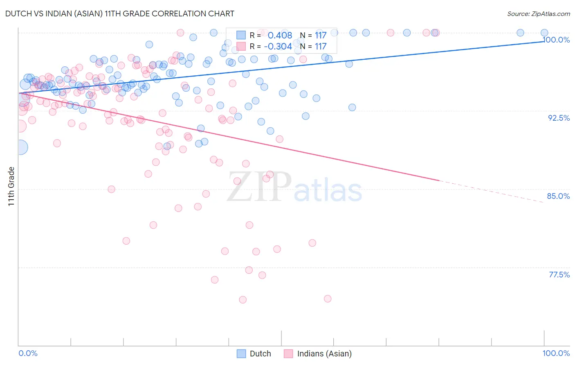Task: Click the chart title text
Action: (x=120, y=14)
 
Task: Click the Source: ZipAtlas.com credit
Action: (x=538, y=14)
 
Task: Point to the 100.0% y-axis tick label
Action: (x=556, y=40)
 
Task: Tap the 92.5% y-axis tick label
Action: (x=559, y=118)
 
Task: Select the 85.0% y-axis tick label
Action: (x=558, y=196)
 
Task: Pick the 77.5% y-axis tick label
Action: (x=559, y=275)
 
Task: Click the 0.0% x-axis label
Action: (x=28, y=353)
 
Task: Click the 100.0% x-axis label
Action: (x=556, y=353)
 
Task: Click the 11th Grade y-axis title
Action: (x=11, y=186)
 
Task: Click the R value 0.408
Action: (x=280, y=35)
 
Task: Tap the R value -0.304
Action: (x=278, y=46)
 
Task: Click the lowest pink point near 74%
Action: (x=243, y=300)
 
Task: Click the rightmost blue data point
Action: (x=544, y=33)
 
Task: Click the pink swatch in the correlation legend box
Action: (x=241, y=46)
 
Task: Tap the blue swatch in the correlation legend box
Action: (x=241, y=35)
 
